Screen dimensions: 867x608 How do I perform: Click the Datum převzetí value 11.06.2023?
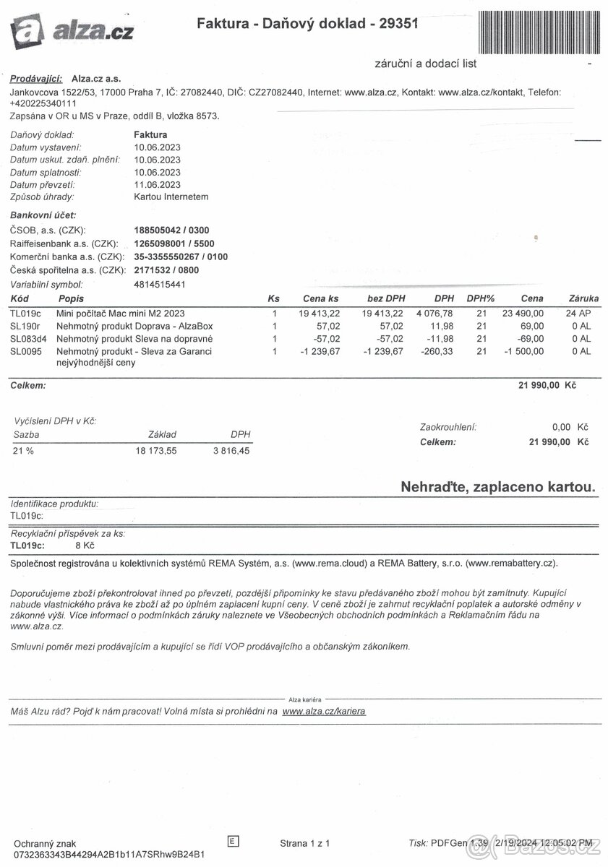pos(158,184)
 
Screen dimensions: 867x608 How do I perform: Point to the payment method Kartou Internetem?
pos(171,197)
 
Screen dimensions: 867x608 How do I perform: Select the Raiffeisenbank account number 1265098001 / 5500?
pos(174,243)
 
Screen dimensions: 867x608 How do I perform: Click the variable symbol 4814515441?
pos(160,285)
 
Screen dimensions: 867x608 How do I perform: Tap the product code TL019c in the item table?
pos(26,314)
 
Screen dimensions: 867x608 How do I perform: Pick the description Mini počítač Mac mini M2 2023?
pos(120,314)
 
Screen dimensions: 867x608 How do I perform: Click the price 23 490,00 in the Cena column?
pos(519,314)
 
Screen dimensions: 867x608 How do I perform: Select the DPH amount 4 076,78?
pos(434,314)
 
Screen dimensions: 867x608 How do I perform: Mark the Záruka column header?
pos(583,298)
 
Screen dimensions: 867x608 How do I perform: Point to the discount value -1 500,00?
pos(521,351)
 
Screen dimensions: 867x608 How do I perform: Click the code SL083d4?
pos(28,338)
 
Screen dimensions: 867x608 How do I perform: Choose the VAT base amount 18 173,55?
pos(155,451)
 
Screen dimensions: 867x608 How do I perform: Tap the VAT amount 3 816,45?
pos(231,451)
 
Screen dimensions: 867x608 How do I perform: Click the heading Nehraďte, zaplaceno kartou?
pos(498,488)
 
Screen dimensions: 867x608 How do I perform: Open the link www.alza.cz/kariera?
pos(324,711)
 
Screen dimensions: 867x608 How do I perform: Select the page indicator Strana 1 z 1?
pos(305,843)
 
